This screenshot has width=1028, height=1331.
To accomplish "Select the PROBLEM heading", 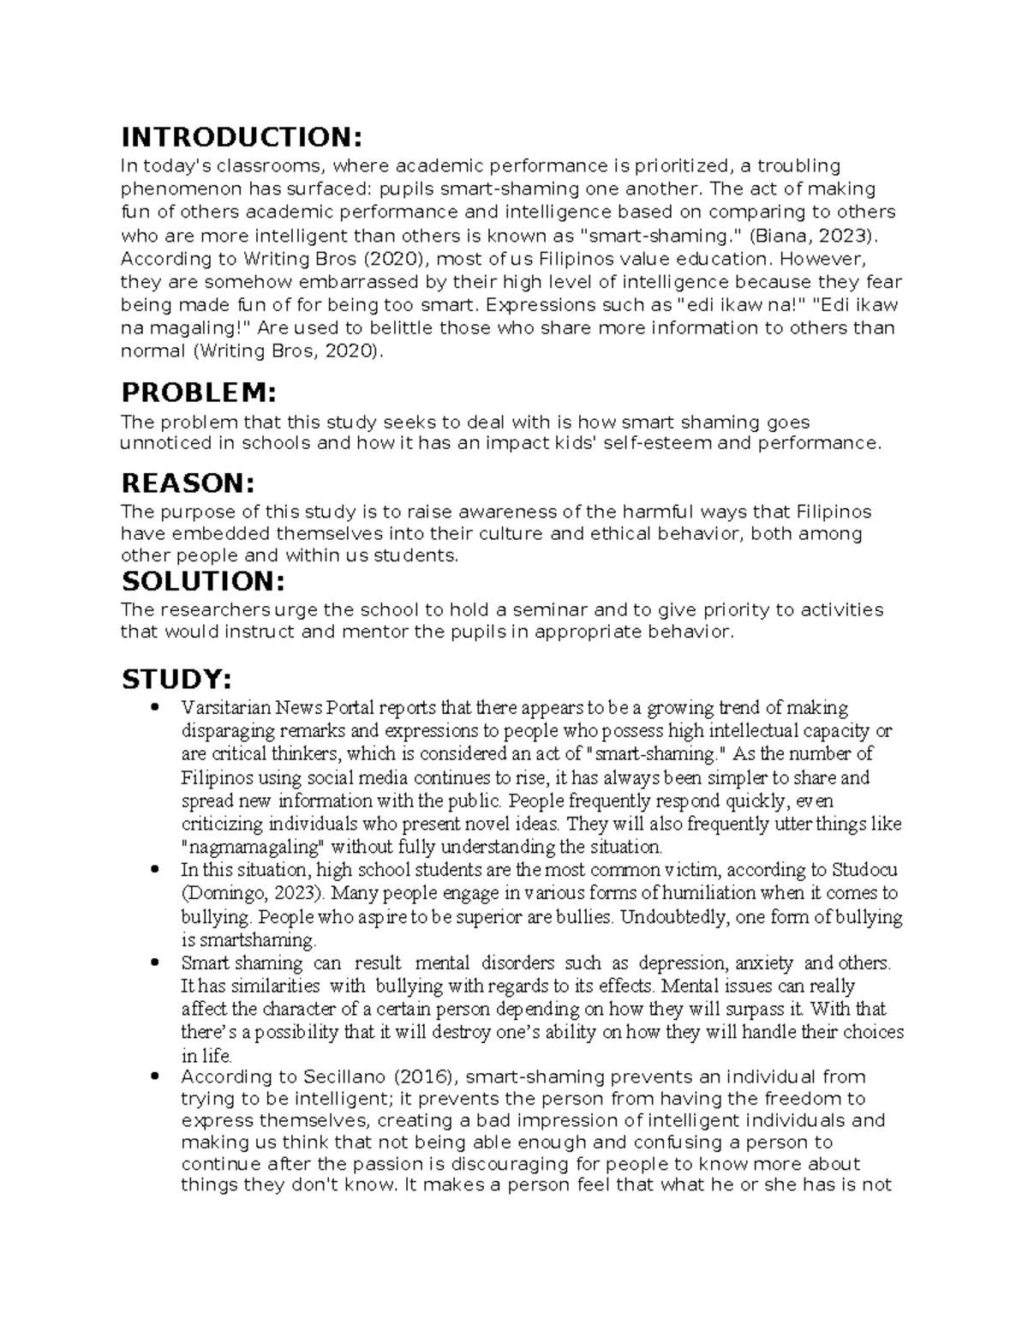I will point(200,393).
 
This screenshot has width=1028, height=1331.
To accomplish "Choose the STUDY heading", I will point(176,680).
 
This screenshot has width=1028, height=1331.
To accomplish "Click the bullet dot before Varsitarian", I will point(155,709).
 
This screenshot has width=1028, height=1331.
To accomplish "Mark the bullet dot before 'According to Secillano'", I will point(155,1077).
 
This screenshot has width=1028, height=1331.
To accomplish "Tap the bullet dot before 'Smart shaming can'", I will point(155,963).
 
